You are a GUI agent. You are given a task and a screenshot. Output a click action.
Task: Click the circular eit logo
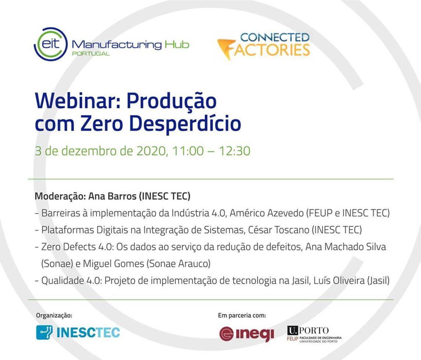(50, 44)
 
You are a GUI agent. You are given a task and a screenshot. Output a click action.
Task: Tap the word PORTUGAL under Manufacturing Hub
(91, 53)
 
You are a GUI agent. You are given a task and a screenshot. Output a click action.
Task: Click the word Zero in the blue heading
(102, 123)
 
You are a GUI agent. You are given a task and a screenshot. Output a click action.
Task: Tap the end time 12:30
(234, 151)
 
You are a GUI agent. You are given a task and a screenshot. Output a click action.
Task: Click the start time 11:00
(188, 151)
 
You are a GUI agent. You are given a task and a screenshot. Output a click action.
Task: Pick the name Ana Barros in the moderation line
(112, 196)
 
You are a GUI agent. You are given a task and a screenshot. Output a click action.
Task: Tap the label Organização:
(54, 315)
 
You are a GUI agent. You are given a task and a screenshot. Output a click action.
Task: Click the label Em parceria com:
(242, 315)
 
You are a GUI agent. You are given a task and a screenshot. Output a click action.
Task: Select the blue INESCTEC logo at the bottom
(78, 332)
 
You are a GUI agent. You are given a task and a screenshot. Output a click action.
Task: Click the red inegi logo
(247, 334)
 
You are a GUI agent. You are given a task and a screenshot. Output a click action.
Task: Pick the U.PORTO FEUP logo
(314, 334)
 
